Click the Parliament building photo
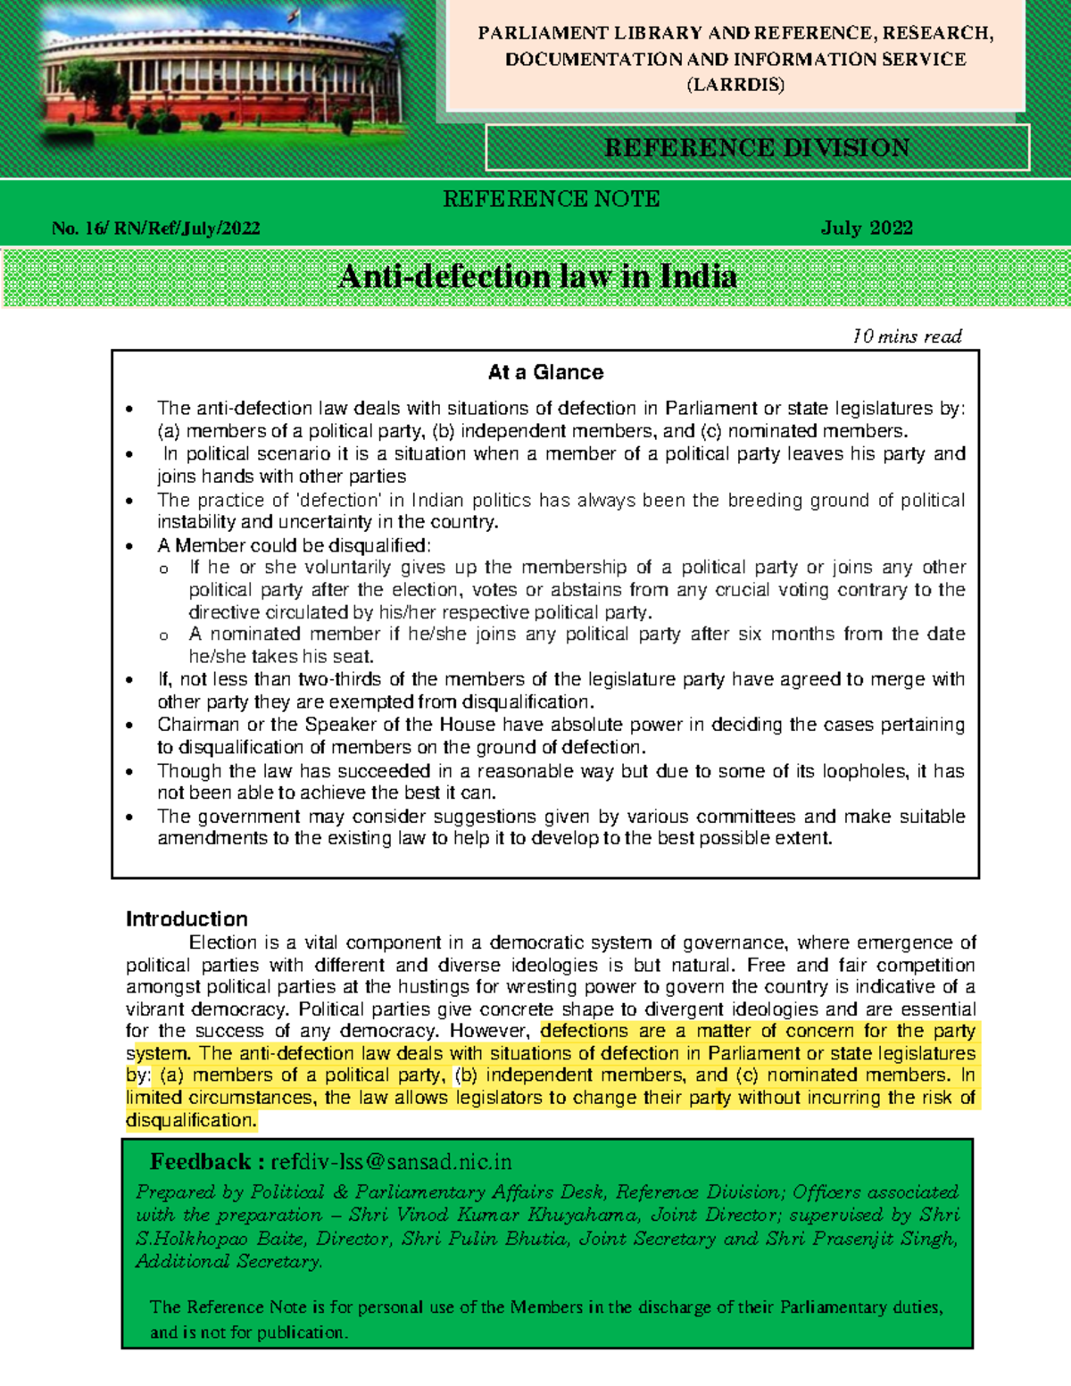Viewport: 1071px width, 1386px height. tap(223, 76)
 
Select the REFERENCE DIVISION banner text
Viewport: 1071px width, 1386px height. tap(757, 147)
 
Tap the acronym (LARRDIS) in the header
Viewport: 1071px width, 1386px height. tap(735, 86)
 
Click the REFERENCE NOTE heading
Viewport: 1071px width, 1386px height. tap(552, 199)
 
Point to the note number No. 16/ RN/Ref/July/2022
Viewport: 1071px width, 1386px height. tap(156, 228)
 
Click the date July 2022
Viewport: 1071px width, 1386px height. tap(867, 228)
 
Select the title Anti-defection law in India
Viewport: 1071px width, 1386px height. tap(538, 277)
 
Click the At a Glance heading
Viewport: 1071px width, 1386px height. tap(545, 372)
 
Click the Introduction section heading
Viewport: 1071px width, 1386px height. tap(187, 919)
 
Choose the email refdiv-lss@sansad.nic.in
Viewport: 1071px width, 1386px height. tap(392, 1162)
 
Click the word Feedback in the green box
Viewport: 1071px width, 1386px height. tap(200, 1162)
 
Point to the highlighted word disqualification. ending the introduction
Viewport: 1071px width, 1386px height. tap(191, 1120)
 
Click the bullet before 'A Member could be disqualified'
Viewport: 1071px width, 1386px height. tap(130, 546)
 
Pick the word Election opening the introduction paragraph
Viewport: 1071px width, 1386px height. tap(223, 942)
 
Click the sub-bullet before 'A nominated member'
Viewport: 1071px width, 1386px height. tap(163, 636)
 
